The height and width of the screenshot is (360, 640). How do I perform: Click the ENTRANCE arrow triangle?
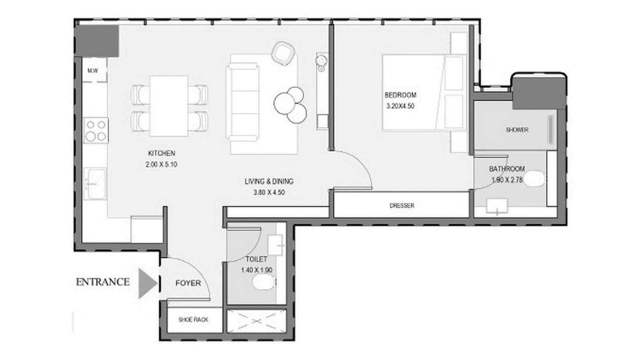pos(147,283)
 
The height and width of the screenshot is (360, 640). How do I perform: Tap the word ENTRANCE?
pos(103,282)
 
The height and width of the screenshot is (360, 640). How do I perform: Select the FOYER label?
pos(188,283)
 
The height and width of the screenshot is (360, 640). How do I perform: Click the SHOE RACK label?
pos(193,320)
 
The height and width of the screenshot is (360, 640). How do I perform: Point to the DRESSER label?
pos(402,206)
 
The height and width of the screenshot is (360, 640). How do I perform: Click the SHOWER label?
pos(517,130)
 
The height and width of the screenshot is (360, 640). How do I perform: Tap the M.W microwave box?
pos(95,71)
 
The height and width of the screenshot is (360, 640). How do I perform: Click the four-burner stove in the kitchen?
pos(96,130)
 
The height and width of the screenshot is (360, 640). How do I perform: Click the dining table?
pos(169,106)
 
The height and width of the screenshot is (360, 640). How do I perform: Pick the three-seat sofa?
pos(242,102)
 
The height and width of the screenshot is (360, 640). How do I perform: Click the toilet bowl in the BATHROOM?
pos(534,178)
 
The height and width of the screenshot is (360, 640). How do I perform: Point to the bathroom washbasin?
pos(497,206)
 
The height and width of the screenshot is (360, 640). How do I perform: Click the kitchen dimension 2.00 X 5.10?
pos(161,164)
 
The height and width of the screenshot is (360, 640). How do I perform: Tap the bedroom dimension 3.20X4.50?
pos(400,106)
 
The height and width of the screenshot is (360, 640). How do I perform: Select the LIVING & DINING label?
pos(269,181)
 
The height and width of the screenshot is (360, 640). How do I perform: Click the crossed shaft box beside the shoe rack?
pos(257,321)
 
